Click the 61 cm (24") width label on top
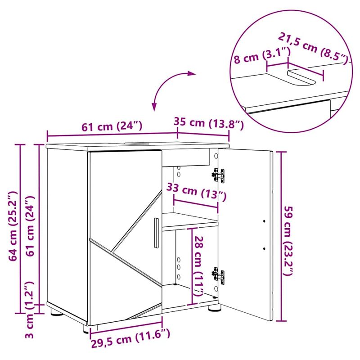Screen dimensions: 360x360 click(x=112, y=126)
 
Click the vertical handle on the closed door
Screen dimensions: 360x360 click(x=156, y=233)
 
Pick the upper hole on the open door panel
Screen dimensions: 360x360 click(x=264, y=221)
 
